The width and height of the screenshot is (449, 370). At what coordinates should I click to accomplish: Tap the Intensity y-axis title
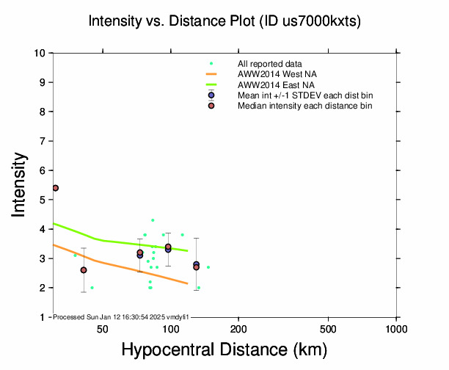pos(20,184)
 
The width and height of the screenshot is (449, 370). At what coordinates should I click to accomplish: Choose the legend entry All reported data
pos(270,64)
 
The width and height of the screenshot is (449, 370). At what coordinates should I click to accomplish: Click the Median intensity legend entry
pos(304,106)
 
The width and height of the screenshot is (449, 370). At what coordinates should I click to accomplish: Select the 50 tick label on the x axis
pos(103,328)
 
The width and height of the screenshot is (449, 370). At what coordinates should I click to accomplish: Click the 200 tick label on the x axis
pos(238,328)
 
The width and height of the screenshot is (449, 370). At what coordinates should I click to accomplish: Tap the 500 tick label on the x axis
pos(329,328)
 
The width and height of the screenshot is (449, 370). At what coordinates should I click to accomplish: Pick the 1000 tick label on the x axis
pos(396,328)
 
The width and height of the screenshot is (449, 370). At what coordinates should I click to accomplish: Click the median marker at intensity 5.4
pos(55,188)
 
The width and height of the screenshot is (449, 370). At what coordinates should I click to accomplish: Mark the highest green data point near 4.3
pos(153,220)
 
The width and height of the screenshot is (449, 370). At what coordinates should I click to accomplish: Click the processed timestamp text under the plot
pos(122,316)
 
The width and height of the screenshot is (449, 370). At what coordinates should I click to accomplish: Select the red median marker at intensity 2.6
pos(84,270)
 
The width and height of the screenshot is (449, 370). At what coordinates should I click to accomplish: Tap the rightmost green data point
pos(208,267)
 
